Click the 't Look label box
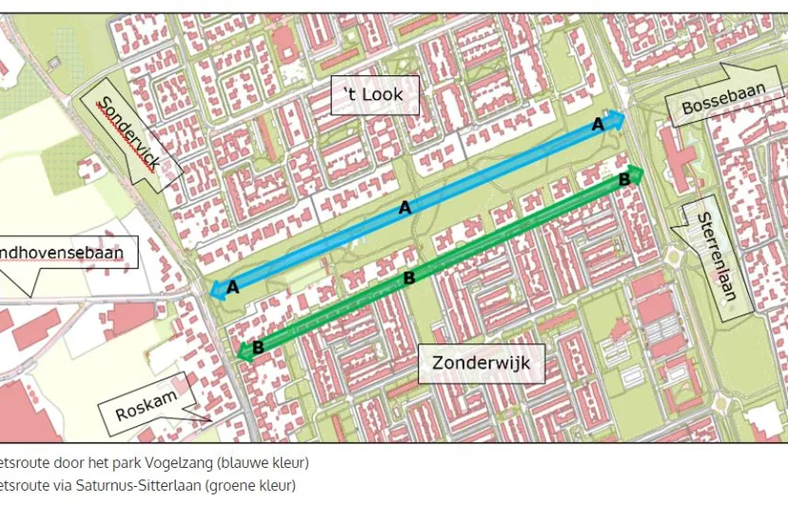375,95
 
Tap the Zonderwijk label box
481,363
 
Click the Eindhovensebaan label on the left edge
69,254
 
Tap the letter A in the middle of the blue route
404,207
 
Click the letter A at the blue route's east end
598,124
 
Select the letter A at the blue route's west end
232,285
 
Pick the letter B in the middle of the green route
409,277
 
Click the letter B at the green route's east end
624,178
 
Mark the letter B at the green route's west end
258,347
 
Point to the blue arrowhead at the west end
216,290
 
